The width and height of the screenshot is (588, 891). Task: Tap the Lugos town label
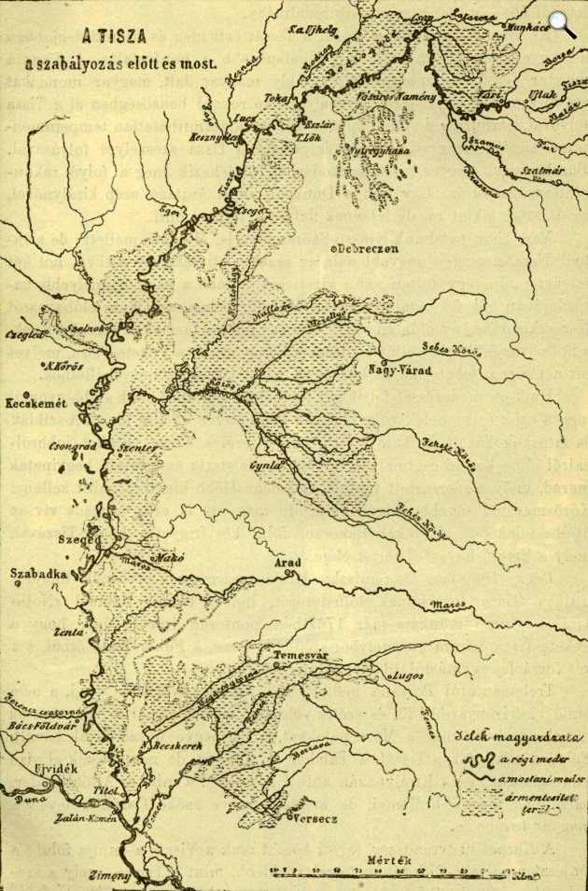[x=409, y=674]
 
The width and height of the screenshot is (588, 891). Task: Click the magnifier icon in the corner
[x=562, y=23]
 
